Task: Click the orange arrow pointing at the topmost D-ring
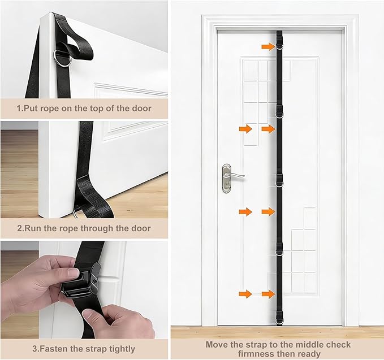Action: pos(269,46)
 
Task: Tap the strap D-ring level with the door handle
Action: pos(279,183)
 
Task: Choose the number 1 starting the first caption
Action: pos(19,109)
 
